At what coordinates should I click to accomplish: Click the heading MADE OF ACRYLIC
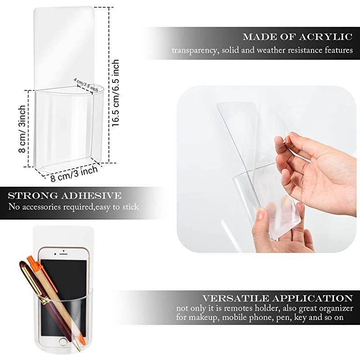[x=297, y=37]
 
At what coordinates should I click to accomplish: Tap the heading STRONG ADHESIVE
[x=65, y=196]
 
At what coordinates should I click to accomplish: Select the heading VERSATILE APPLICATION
[x=277, y=298]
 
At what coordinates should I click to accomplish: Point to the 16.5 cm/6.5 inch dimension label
[x=116, y=93]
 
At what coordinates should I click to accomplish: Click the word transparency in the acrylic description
[x=195, y=50]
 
